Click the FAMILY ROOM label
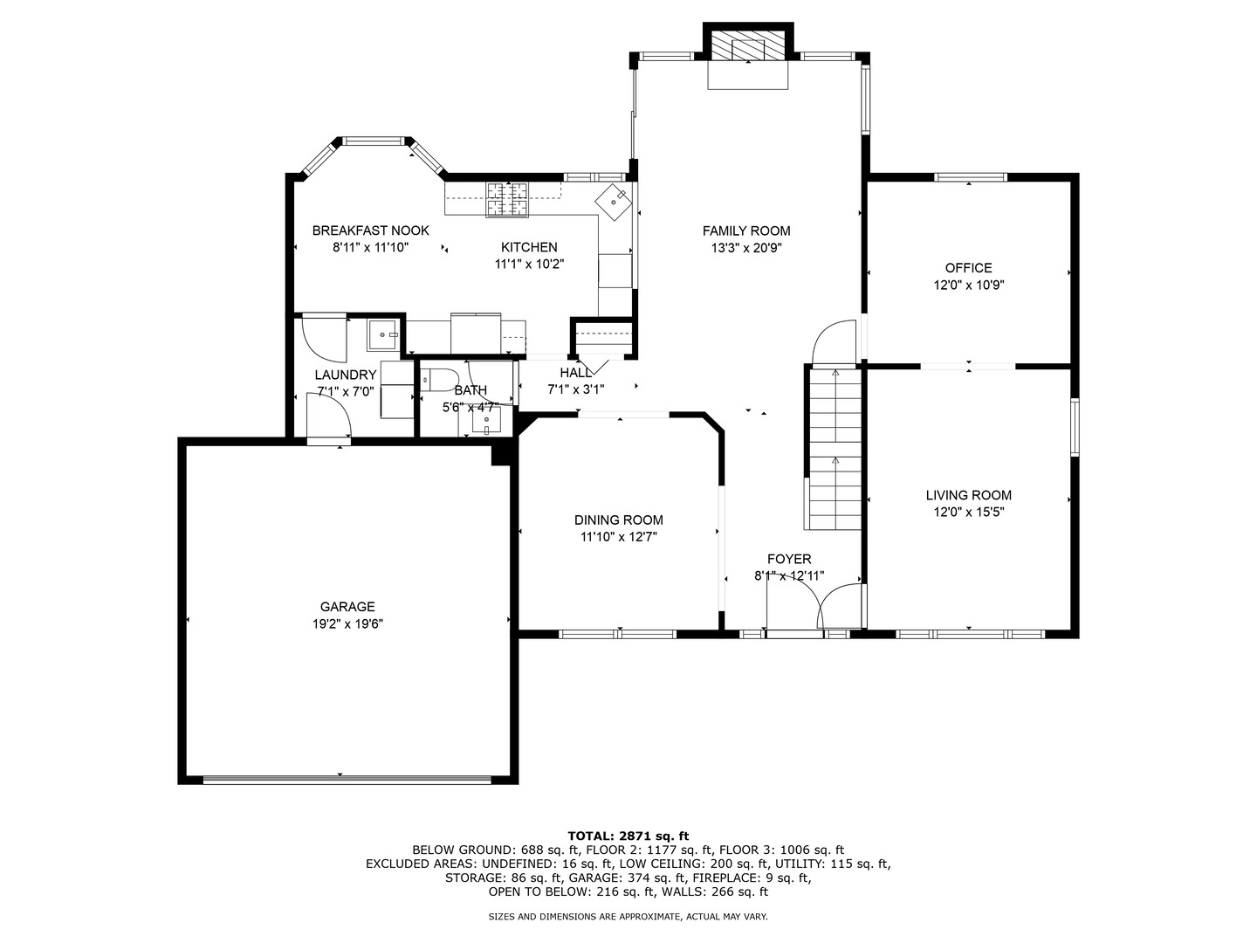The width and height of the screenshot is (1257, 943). click(745, 231)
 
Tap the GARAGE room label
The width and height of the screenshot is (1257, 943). click(347, 606)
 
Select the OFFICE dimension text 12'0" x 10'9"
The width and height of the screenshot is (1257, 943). click(968, 285)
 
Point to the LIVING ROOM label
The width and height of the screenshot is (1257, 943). click(968, 495)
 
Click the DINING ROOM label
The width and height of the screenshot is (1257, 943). click(619, 520)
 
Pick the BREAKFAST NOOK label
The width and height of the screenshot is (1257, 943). click(370, 231)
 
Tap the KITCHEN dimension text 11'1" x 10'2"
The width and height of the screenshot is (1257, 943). click(529, 264)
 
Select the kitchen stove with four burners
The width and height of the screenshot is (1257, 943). click(507, 199)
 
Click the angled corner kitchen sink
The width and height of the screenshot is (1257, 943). click(614, 201)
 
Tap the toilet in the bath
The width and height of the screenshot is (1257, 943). click(440, 380)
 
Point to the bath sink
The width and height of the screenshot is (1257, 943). click(486, 420)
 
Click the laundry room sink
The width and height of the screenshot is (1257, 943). click(382, 334)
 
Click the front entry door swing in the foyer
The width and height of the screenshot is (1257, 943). click(840, 608)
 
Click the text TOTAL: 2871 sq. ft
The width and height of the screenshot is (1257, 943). click(628, 836)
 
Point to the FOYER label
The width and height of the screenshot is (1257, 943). click(789, 559)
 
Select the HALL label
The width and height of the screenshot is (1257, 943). click(575, 373)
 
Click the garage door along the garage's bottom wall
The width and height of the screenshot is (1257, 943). click(347, 779)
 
